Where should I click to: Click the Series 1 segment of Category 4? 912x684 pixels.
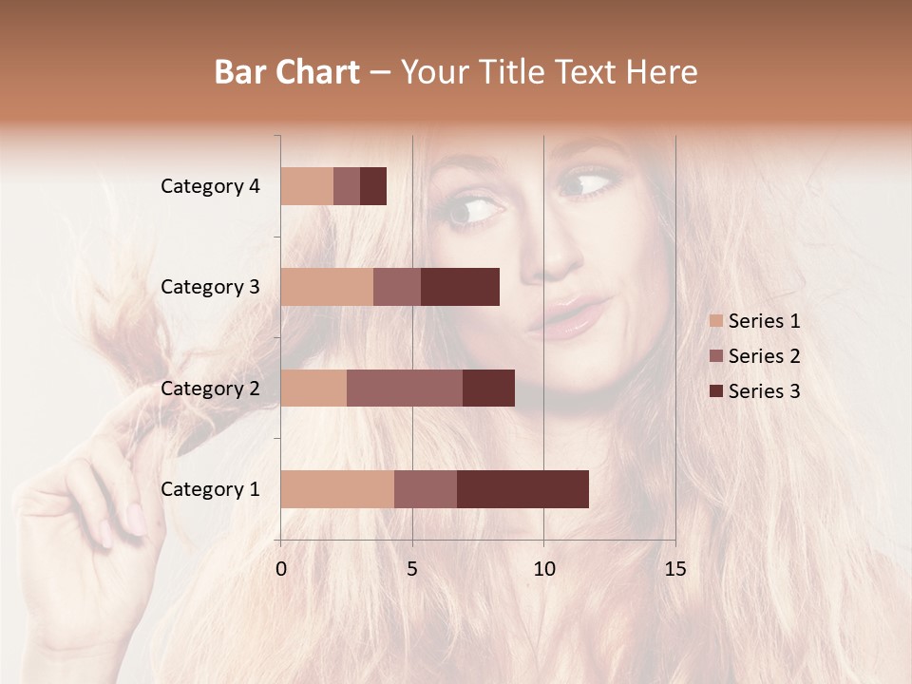pos(307,186)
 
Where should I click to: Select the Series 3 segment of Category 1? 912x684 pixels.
pos(522,488)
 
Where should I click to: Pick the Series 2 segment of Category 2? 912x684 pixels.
pos(405,388)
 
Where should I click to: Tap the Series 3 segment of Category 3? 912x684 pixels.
pos(460,287)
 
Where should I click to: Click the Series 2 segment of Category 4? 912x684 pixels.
pos(347,186)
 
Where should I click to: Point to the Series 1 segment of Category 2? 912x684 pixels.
pos(313,388)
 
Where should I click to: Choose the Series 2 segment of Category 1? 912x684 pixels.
pos(426,488)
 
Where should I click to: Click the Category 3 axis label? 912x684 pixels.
pos(210,287)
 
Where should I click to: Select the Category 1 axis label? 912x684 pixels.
pos(210,489)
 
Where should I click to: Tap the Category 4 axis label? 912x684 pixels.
pos(210,186)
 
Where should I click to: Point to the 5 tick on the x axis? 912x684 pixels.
pos(412,569)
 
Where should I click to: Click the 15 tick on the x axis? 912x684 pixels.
pos(674,569)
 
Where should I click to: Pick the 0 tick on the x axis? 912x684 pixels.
pos(281,569)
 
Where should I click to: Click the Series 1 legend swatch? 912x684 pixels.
pos(716,321)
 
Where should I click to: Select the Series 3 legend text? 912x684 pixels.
pos(764,391)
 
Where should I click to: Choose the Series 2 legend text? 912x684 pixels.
pos(764,356)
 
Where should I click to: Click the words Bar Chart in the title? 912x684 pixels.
pos(287,72)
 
